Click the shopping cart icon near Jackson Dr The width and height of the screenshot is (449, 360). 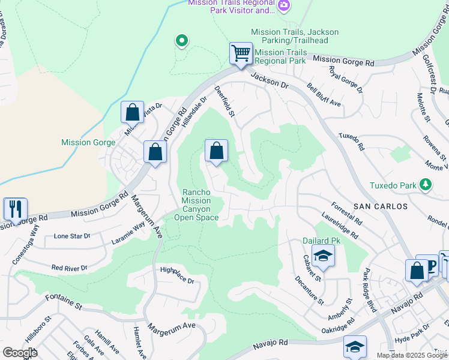pyautogui.click(x=241, y=53)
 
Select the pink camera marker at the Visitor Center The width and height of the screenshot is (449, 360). pyautogui.click(x=284, y=6)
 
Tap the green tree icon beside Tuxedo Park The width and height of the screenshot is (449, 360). pyautogui.click(x=426, y=184)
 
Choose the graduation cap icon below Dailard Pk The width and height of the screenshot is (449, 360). pyautogui.click(x=322, y=257)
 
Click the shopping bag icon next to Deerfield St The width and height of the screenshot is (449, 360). pyautogui.click(x=216, y=151)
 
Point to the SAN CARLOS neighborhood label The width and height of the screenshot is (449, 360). pyautogui.click(x=381, y=206)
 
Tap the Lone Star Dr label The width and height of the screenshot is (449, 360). pyautogui.click(x=71, y=236)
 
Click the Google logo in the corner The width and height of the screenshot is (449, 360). pyautogui.click(x=20, y=353)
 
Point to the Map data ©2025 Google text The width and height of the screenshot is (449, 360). pyautogui.click(x=411, y=355)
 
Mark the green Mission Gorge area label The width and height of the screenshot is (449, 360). pyautogui.click(x=84, y=143)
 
